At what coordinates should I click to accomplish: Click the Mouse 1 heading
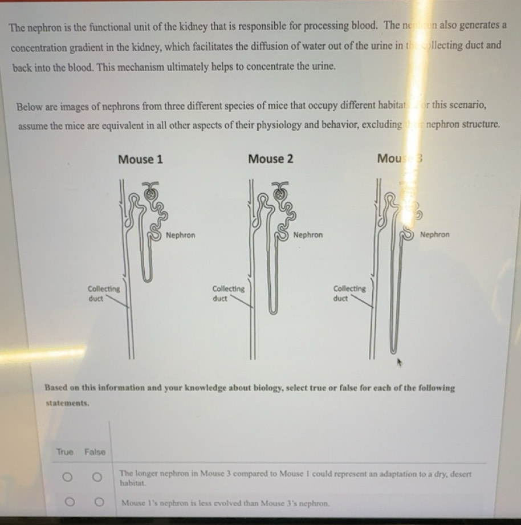tap(140, 159)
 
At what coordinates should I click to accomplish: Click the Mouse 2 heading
tap(271, 159)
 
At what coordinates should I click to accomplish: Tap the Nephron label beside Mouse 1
tap(180, 235)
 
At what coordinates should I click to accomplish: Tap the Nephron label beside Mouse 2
tap(308, 235)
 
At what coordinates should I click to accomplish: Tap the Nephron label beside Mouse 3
tap(434, 235)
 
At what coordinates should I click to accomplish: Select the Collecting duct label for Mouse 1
tap(104, 293)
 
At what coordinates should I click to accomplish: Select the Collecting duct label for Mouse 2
tap(228, 293)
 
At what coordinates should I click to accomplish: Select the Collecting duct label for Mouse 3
tap(349, 293)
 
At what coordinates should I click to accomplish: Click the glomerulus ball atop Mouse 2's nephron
tap(279, 193)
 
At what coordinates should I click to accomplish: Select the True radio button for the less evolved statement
tap(67, 503)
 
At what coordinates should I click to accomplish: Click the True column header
tap(64, 452)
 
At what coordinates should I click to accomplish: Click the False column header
tap(95, 452)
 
